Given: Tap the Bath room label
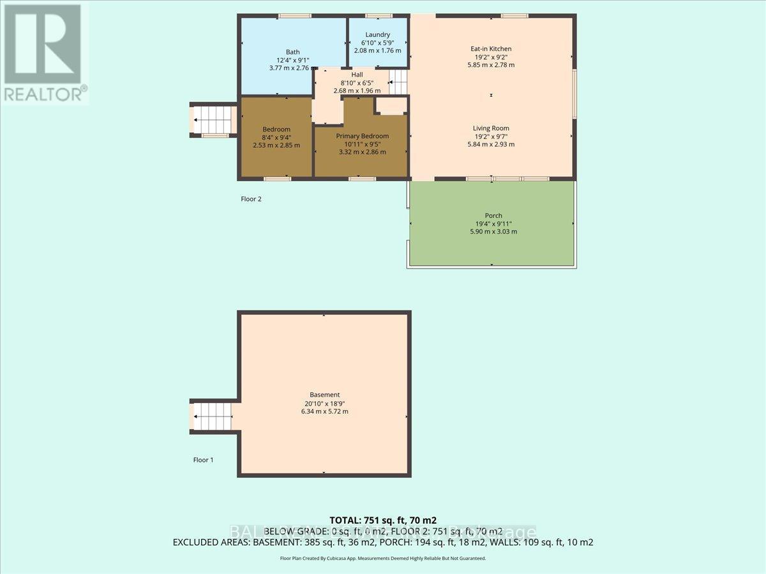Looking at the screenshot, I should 292,52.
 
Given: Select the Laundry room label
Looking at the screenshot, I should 377,34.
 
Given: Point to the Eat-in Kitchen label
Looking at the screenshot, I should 491,48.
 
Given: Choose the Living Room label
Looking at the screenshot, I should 491,128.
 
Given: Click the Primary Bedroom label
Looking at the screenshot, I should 362,136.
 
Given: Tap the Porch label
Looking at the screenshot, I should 493,216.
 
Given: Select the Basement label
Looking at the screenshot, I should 326,395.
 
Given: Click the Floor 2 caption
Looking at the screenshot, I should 251,199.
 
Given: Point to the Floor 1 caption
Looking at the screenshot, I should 204,459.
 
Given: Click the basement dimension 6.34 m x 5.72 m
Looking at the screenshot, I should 326,411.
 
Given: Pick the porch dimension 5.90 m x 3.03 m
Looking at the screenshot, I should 493,232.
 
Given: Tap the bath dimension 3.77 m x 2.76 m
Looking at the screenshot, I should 292,68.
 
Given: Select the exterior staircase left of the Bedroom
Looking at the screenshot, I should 214,119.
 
